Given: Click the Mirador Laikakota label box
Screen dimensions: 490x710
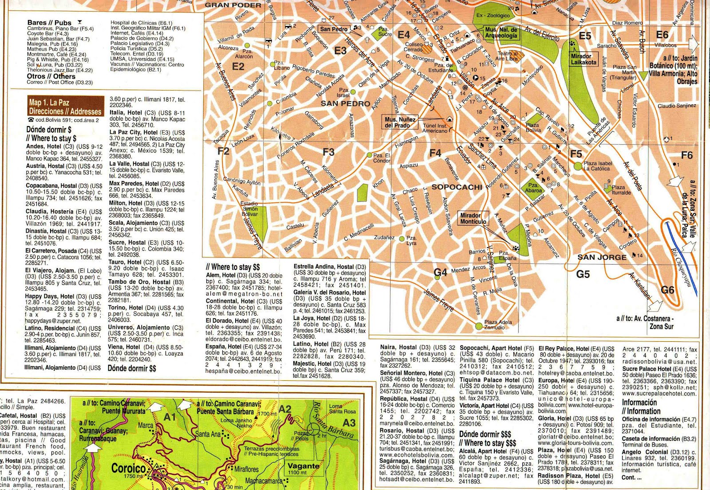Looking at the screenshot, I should pos(584,59).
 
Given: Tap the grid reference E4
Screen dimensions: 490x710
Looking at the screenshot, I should pos(403,35).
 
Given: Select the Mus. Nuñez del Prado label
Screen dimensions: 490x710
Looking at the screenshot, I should pos(400,122).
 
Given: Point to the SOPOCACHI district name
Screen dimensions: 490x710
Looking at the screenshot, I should pos(457,187).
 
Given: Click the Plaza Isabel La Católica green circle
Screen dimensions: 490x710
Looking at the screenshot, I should pos(577,166).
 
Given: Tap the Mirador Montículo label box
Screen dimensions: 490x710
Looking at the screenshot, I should pos(473,218).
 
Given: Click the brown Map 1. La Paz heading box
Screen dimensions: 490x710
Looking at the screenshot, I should pos(65,107).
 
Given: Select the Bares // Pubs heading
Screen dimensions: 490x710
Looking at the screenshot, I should pos(49,22).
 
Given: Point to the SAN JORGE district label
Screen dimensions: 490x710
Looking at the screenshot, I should pos(602,257).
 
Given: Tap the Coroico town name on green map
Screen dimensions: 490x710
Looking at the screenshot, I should pos(128,468).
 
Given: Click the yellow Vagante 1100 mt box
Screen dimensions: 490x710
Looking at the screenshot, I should pos(304,469).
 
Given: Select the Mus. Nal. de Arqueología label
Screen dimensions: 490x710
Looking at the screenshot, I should pos(501,32).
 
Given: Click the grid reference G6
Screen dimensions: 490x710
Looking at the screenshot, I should pos(667,290).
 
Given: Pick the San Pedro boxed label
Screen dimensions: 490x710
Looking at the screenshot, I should pos(334,29).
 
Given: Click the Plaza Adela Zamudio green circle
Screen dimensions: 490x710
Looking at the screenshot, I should pos(478,326).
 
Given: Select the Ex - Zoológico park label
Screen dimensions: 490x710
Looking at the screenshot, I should pos(493,15).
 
